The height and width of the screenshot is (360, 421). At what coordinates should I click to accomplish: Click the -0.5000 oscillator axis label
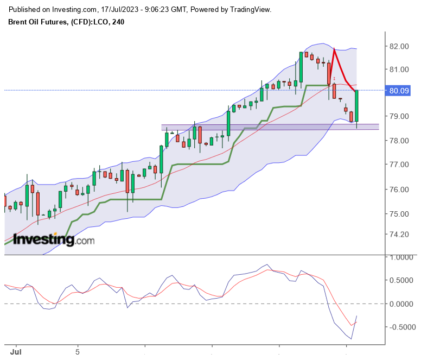(401, 327)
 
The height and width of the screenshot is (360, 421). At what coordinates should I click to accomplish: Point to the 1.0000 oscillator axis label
(401, 257)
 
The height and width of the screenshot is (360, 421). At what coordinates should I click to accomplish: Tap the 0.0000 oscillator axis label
(401, 304)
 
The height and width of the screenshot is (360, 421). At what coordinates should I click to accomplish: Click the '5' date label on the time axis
(78, 352)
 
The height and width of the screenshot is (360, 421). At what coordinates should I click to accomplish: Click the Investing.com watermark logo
(54, 239)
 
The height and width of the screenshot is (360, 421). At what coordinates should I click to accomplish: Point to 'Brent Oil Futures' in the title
(37, 22)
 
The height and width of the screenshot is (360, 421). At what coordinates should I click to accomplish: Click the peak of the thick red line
(334, 49)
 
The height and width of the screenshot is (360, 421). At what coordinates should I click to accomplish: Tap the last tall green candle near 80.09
(356, 106)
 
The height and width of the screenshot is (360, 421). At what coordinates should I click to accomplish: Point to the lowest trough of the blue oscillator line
(352, 339)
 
